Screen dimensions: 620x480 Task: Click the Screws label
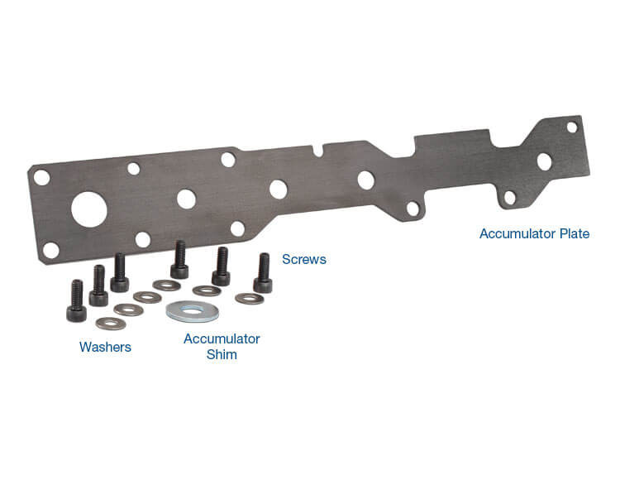304,260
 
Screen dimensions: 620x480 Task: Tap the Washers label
105,347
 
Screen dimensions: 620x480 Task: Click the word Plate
570,234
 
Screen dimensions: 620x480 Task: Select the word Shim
222,354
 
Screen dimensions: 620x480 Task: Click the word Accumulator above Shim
222,339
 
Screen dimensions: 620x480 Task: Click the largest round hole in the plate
89,209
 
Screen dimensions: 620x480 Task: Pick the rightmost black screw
263,274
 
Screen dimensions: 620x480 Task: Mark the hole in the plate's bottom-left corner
50,249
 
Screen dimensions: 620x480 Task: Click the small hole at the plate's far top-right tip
571,127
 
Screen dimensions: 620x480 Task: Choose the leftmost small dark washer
111,323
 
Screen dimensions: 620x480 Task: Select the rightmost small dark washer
249,298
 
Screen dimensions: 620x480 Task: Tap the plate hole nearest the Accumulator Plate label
510,197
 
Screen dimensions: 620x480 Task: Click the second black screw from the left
98,286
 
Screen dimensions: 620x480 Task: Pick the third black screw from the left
120,274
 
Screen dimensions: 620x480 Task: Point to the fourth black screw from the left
179,261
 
